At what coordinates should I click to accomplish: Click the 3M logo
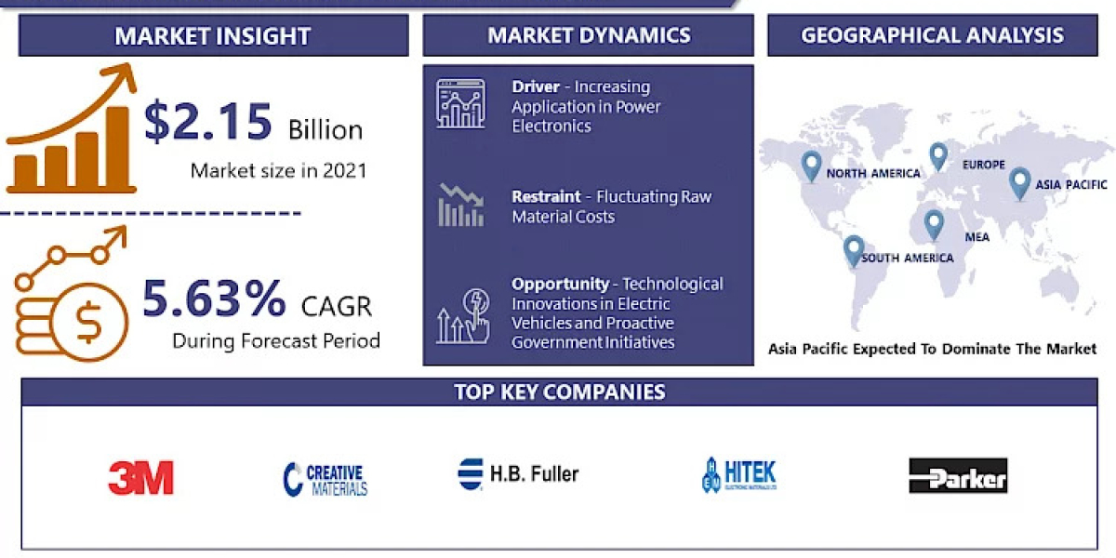coord(140,478)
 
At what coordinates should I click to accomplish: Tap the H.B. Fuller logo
coord(518,474)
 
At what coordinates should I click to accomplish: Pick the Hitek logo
coord(739,474)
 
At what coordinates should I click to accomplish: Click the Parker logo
coord(958,476)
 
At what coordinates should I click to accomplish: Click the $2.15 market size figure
coord(208,123)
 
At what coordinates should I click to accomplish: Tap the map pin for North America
coord(812,166)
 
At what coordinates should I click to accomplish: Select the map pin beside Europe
coord(938,155)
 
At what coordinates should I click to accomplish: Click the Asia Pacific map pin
coord(1020,181)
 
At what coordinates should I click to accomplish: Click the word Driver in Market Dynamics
coord(536,86)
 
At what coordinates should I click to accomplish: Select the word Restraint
coord(547,197)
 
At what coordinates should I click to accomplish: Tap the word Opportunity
coord(560,284)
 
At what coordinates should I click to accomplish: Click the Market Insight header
coord(213,36)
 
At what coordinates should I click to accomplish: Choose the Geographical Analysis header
coord(932,35)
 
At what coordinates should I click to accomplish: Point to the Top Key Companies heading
coord(559,392)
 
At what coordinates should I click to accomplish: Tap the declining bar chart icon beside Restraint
coord(460,206)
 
